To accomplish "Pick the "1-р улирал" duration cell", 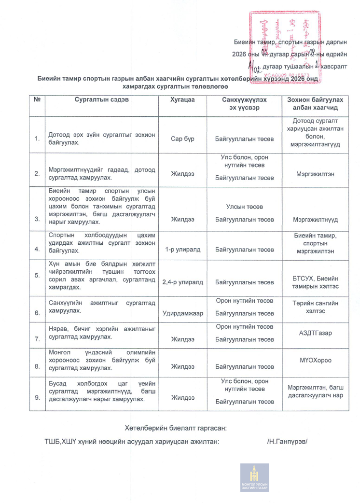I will [x=182, y=250].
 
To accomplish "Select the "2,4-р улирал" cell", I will [x=183, y=282].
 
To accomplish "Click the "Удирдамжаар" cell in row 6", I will [x=183, y=313].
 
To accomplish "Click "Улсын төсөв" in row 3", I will [x=244, y=207].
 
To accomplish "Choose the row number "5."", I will [x=37, y=275].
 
